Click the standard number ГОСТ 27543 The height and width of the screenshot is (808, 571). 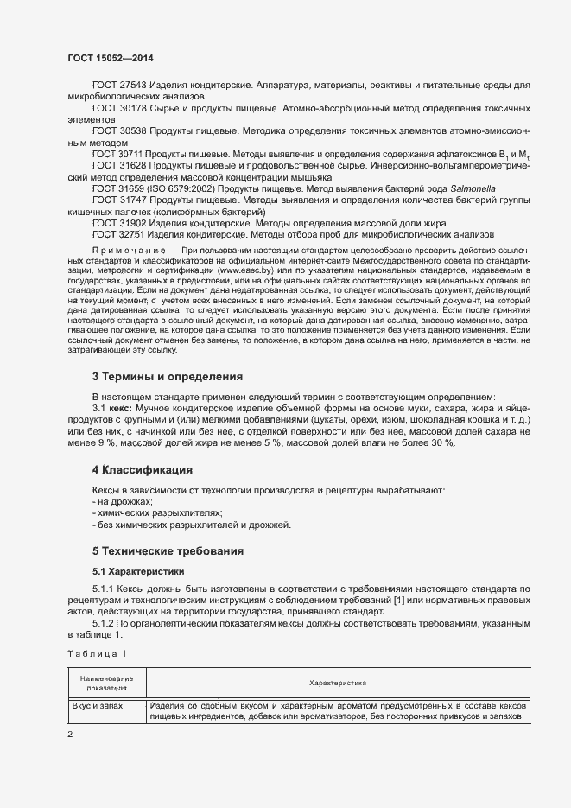pos(119,86)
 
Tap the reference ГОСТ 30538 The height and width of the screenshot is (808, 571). pos(119,130)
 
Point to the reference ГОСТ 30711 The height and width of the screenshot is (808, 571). pos(119,153)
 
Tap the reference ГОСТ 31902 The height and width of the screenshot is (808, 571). pos(119,222)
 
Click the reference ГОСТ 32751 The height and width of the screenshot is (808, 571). pos(119,233)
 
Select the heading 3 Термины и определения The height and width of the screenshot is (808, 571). pos(167,377)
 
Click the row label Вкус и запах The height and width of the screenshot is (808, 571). pos(98,706)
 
